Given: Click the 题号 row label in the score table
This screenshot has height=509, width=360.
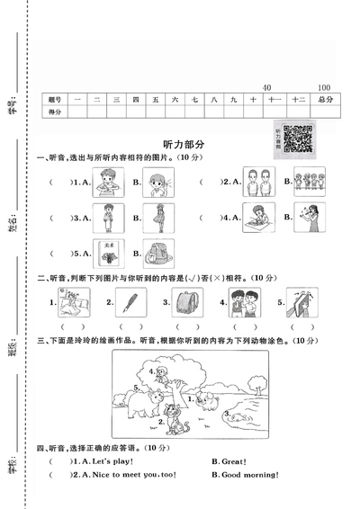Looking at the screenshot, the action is coord(55,99).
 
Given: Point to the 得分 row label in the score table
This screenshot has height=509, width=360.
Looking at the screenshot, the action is coord(55,112).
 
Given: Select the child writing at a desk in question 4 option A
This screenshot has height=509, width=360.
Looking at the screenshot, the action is coord(256,216).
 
